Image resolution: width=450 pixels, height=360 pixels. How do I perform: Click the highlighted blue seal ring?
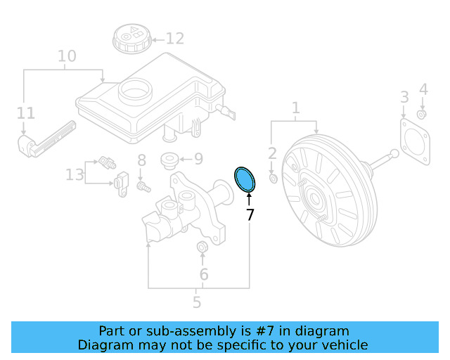pyautogui.click(x=245, y=179)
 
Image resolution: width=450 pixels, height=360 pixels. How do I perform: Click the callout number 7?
pyautogui.click(x=250, y=214)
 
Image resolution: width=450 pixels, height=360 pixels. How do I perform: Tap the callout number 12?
pyautogui.click(x=174, y=39)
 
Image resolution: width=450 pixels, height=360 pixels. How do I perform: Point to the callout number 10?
pyautogui.click(x=67, y=56)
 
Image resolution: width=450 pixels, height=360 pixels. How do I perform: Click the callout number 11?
pyautogui.click(x=25, y=112)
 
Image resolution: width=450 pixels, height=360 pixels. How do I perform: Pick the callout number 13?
pyautogui.click(x=75, y=174)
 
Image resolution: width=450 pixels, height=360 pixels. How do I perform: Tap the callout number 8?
pyautogui.click(x=141, y=160)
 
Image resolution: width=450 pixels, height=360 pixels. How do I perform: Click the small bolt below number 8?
pyautogui.click(x=143, y=187)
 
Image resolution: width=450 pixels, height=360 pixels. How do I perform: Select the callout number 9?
pyautogui.click(x=197, y=159)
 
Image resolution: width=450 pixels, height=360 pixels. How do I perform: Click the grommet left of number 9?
pyautogui.click(x=169, y=160)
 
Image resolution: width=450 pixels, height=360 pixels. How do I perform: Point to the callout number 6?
pyautogui.click(x=203, y=274)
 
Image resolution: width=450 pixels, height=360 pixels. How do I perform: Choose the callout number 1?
pyautogui.click(x=295, y=108)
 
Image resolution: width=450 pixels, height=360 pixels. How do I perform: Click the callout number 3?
pyautogui.click(x=404, y=96)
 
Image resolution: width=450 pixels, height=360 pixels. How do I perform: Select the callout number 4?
pyautogui.click(x=423, y=89)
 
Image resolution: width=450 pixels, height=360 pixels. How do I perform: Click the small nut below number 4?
pyautogui.click(x=421, y=114)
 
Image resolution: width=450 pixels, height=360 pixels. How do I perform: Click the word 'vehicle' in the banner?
pyautogui.click(x=343, y=345)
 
